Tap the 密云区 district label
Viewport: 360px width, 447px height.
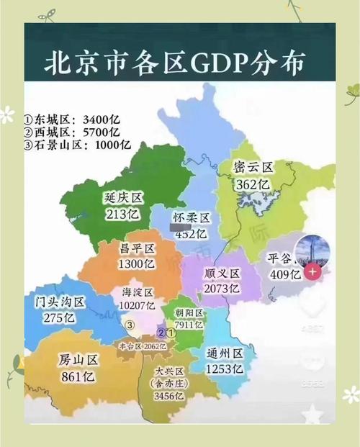coord(254,168)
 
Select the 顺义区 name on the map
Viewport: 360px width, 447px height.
coord(221,274)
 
